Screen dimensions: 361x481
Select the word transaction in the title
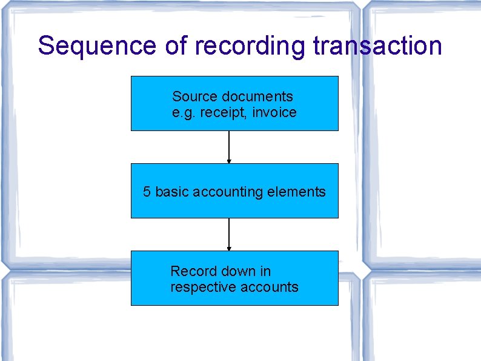click(x=377, y=46)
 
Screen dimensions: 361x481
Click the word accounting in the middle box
click(x=224, y=192)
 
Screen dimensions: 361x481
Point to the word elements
click(x=296, y=192)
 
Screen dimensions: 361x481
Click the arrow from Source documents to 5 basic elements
click(x=229, y=147)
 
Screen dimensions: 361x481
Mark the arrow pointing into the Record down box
click(x=229, y=234)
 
